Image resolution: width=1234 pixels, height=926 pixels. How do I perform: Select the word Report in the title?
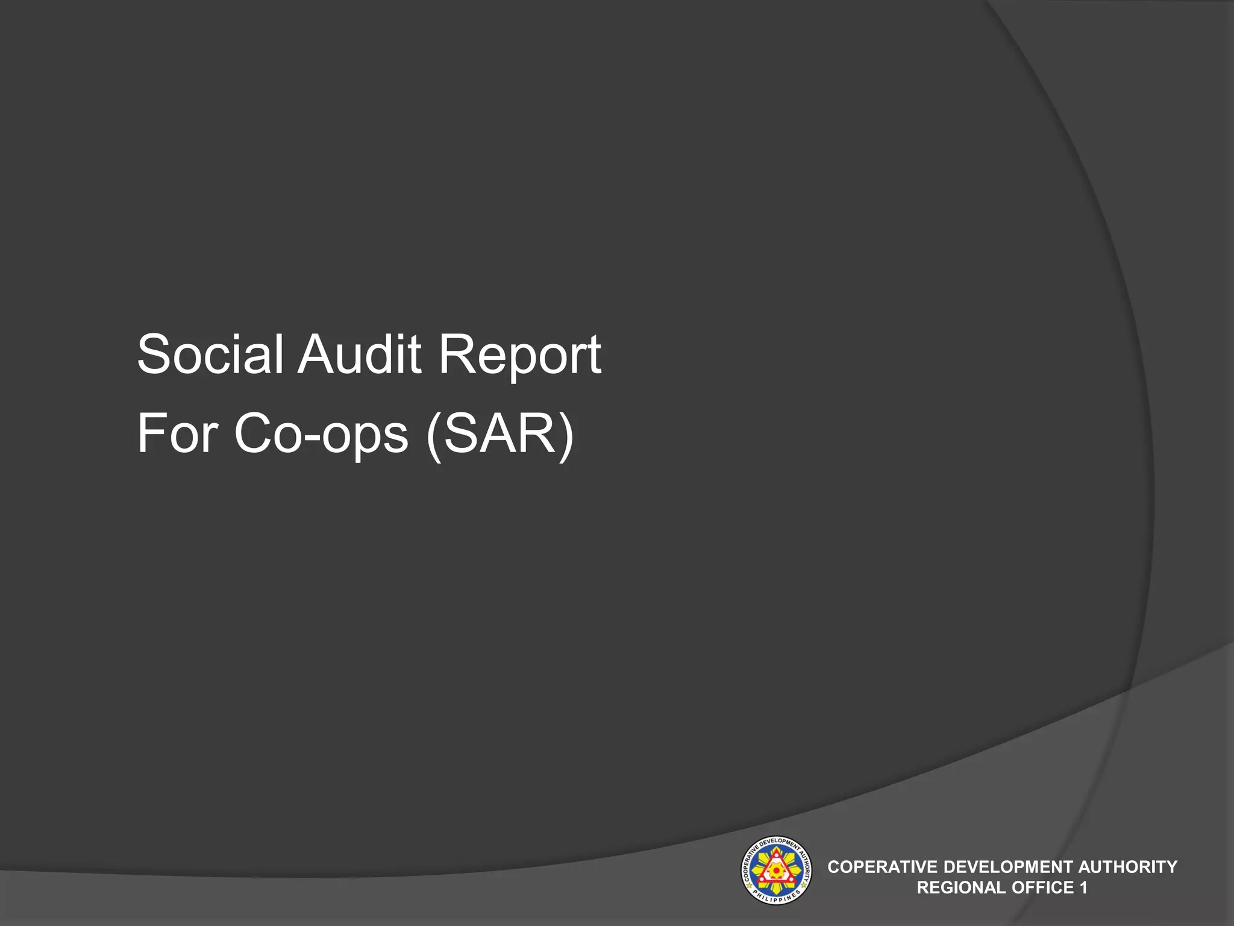coord(519,356)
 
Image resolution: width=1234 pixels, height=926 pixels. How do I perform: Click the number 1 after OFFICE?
coord(1083,887)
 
